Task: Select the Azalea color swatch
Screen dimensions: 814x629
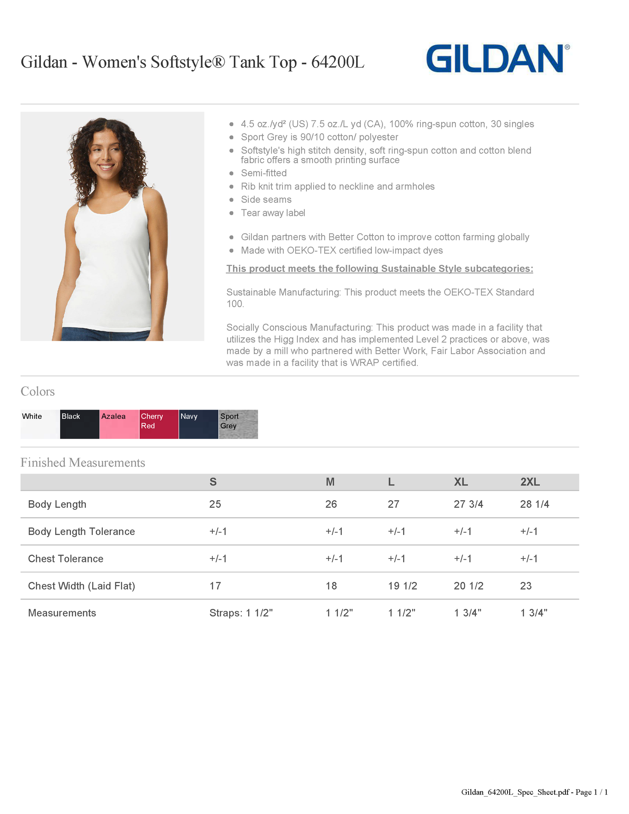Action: click(119, 424)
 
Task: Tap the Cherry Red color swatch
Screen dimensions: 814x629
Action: click(159, 424)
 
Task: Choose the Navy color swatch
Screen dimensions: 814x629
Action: click(198, 424)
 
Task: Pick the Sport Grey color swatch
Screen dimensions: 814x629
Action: click(238, 424)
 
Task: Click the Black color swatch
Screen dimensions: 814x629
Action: click(80, 424)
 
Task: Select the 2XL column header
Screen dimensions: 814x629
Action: click(530, 482)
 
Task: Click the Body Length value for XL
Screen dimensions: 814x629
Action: click(468, 504)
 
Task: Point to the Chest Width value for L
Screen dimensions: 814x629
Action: click(402, 586)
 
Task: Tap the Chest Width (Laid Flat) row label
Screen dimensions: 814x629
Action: click(81, 586)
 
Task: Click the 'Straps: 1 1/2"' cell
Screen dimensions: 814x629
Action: click(241, 613)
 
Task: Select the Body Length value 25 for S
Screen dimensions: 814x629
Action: click(215, 504)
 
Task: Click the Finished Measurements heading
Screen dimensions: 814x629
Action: click(83, 462)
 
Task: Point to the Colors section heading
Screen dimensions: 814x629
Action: click(38, 391)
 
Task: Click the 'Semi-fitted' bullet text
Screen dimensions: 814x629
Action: click(264, 173)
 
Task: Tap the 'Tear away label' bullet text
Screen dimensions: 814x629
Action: click(273, 213)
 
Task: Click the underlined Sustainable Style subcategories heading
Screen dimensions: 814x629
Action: click(380, 269)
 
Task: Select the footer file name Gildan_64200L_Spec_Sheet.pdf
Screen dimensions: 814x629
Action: click(515, 792)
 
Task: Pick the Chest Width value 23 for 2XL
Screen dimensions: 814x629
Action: click(526, 586)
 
